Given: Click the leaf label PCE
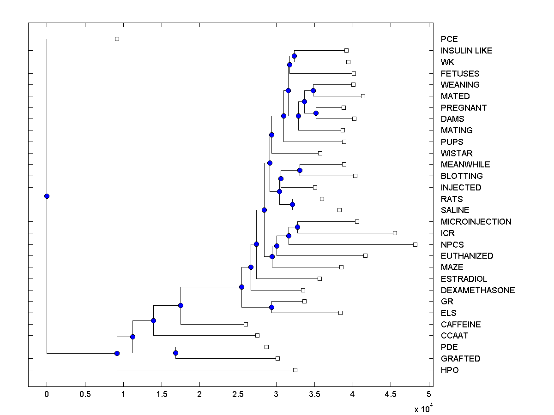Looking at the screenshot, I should coord(449,39).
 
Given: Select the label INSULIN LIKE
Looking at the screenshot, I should coord(466,51).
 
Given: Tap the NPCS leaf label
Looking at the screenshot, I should coord(452,244).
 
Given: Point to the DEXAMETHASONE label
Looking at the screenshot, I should coord(478,290).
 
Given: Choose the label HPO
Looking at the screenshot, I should coord(450,370).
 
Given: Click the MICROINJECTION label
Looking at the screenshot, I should coord(476,222).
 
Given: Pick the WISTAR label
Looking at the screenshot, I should coord(457,153).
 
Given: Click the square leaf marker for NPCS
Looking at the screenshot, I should coord(415,244).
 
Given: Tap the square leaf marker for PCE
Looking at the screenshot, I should coord(117,39).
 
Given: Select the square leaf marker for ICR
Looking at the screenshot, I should coord(395,233).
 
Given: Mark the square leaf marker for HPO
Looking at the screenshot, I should coord(295,370).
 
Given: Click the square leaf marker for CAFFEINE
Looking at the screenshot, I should coord(246,324).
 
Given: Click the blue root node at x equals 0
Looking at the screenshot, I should coord(47,196).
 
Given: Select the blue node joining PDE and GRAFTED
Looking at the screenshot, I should coord(175,353).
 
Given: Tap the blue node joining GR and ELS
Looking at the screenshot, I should coord(271,307).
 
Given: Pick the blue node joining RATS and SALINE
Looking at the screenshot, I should coord(292,204).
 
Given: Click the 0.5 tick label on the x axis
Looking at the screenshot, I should coord(84,394).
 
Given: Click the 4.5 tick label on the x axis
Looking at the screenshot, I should coord(391,394).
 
